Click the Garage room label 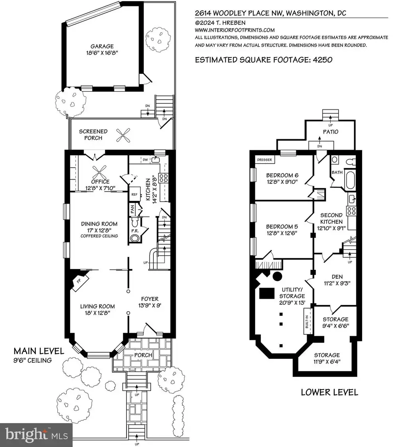click(x=102, y=46)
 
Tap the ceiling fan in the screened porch click(x=123, y=135)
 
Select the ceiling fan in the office click(x=99, y=173)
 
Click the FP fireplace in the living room click(x=79, y=281)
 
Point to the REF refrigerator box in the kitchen click(x=134, y=195)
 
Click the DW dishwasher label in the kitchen click(x=145, y=160)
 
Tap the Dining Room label click(x=99, y=224)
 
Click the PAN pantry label click(x=132, y=210)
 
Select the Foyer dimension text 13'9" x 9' click(x=150, y=306)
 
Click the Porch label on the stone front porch click(x=143, y=355)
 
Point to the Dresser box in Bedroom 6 click(x=265, y=160)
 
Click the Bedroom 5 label click(x=282, y=227)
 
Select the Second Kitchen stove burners click(x=351, y=211)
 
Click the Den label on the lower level click(x=337, y=277)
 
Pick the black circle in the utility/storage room click(x=277, y=276)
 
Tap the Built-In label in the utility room click(x=307, y=322)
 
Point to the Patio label click(x=331, y=132)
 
